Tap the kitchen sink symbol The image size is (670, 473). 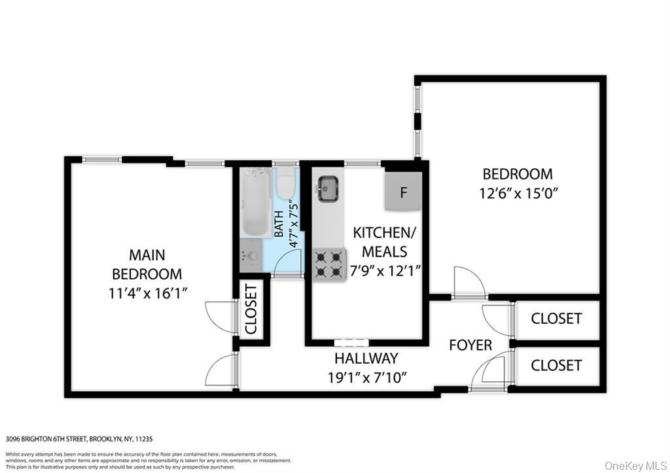tap(327, 189)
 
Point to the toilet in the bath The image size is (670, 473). tap(285, 184)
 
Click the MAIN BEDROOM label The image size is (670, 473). tap(147, 264)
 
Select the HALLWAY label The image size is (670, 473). tap(366, 359)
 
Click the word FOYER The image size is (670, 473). tap(470, 345)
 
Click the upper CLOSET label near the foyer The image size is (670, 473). tap(556, 319)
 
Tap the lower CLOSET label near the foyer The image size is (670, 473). tap(556, 365)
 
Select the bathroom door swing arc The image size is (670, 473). tap(288, 262)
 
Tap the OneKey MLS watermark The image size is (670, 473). tap(634, 465)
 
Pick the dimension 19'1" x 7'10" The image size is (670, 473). tap(368, 377)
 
